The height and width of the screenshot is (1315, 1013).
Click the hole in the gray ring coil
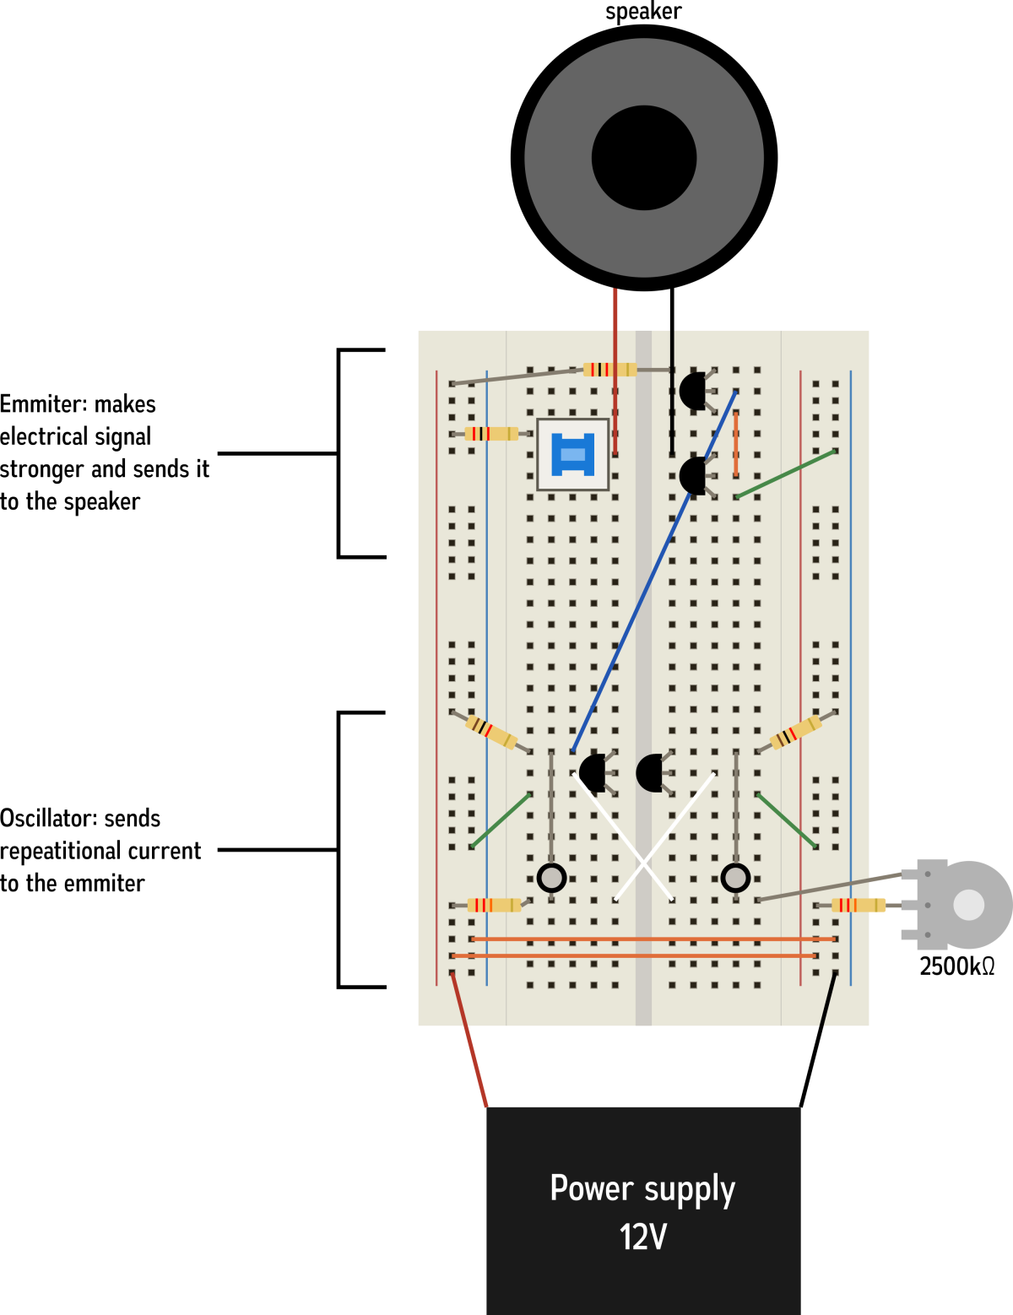[x=644, y=158]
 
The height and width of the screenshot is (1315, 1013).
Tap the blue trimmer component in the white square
[x=573, y=454]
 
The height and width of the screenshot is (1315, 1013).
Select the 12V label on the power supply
[x=643, y=1237]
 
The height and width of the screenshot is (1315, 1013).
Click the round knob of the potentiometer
[x=968, y=905]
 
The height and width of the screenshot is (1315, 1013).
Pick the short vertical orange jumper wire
[x=736, y=444]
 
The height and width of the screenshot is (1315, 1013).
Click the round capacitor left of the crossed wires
[x=552, y=878]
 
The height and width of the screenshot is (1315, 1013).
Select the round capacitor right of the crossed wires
[x=735, y=878]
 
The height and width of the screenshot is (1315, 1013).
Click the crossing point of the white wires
[x=643, y=861]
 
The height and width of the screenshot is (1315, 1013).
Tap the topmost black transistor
[x=693, y=392]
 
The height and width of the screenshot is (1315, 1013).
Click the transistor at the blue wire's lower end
[x=593, y=773]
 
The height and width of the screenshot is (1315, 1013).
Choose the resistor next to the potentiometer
[x=859, y=905]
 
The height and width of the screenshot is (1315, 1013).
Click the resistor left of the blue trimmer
[x=491, y=434]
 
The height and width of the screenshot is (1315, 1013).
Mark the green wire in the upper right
[x=785, y=474]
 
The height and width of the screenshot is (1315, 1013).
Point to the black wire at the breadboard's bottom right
[x=828, y=999]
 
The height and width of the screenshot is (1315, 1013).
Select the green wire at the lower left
[x=501, y=820]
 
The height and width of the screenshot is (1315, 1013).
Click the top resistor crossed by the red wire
[x=609, y=370]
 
